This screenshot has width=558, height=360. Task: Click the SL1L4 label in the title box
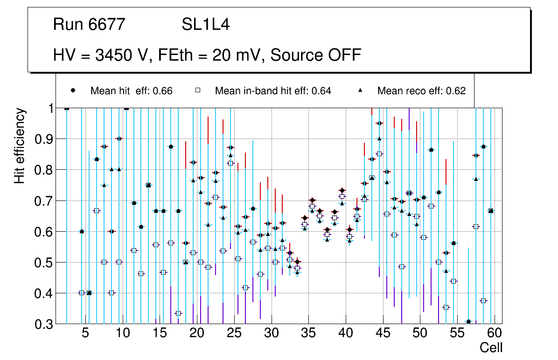(x=205, y=25)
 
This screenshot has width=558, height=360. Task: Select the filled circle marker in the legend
(x=73, y=90)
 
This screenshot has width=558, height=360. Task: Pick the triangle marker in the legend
(x=360, y=90)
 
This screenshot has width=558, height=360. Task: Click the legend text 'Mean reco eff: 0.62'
(x=421, y=91)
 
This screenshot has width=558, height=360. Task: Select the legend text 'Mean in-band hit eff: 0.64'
(x=273, y=91)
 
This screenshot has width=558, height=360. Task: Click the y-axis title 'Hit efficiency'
(x=20, y=145)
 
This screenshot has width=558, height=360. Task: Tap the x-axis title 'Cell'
(x=491, y=347)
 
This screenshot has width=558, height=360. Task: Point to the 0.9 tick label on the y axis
(x=45, y=139)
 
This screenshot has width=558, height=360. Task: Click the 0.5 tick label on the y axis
(x=45, y=263)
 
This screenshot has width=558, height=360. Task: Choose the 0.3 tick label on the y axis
(x=45, y=324)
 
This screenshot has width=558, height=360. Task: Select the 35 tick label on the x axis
(x=308, y=333)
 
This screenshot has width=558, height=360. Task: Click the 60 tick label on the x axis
(x=495, y=333)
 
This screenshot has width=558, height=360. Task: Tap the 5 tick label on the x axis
(x=85, y=333)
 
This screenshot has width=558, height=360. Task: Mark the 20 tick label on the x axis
(x=196, y=333)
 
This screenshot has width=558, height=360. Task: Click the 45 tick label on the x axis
(x=383, y=333)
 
